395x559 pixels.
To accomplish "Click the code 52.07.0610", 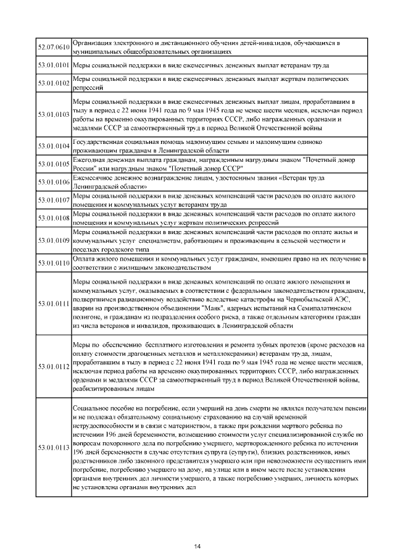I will pyautogui.click(x=53, y=47).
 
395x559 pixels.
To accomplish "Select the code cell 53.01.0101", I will pyautogui.click(x=53, y=65).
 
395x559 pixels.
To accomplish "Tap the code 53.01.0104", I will pyautogui.click(x=53, y=146).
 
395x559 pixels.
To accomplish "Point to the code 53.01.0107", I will pyautogui.click(x=53, y=200).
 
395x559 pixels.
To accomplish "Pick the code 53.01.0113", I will pyautogui.click(x=53, y=447).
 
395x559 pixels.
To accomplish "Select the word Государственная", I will pyautogui.click(x=99, y=142).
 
